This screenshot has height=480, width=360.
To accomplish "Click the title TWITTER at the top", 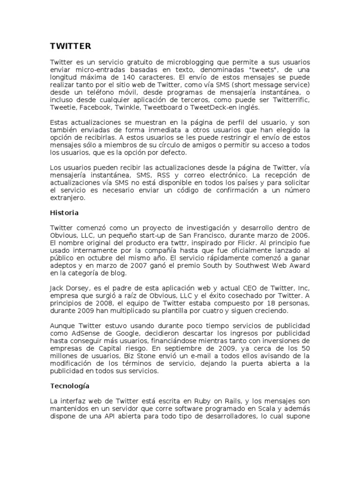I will click(x=70, y=46).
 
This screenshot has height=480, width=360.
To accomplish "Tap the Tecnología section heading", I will click(x=70, y=386).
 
